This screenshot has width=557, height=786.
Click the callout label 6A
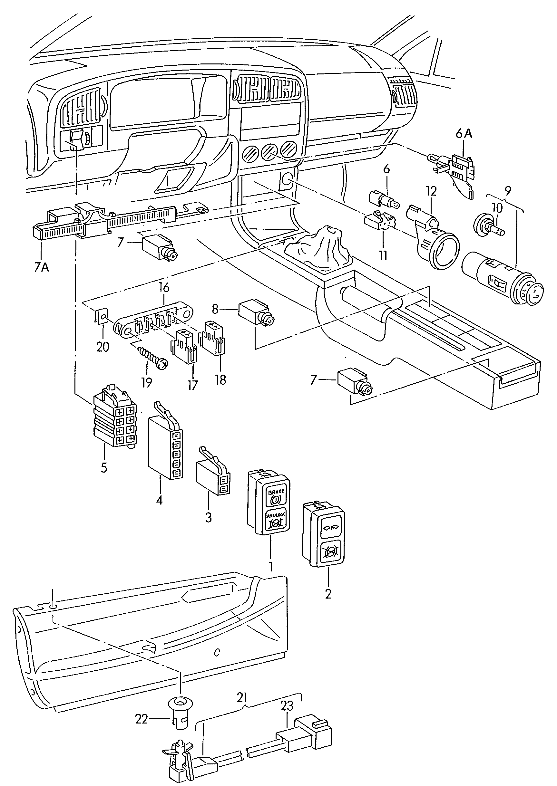(x=464, y=133)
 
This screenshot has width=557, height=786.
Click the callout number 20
(x=103, y=347)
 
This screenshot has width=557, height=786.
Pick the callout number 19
(x=146, y=382)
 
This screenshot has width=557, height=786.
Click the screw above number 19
(x=152, y=357)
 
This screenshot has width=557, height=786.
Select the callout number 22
(x=141, y=719)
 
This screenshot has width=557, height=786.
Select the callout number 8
(x=215, y=309)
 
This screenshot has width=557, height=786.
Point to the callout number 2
(x=328, y=594)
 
